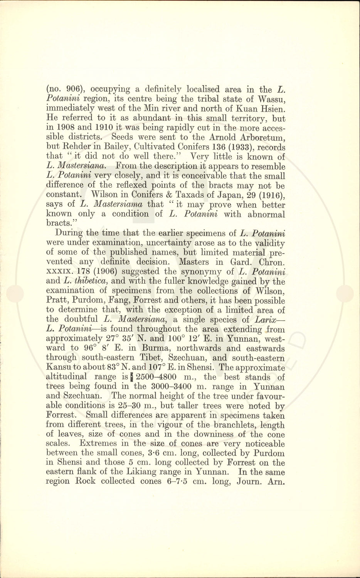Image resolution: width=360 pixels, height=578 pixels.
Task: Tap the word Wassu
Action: click(271, 99)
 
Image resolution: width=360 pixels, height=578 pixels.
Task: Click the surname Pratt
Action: click(57, 301)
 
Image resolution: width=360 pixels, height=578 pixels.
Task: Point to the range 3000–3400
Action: click(173, 386)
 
